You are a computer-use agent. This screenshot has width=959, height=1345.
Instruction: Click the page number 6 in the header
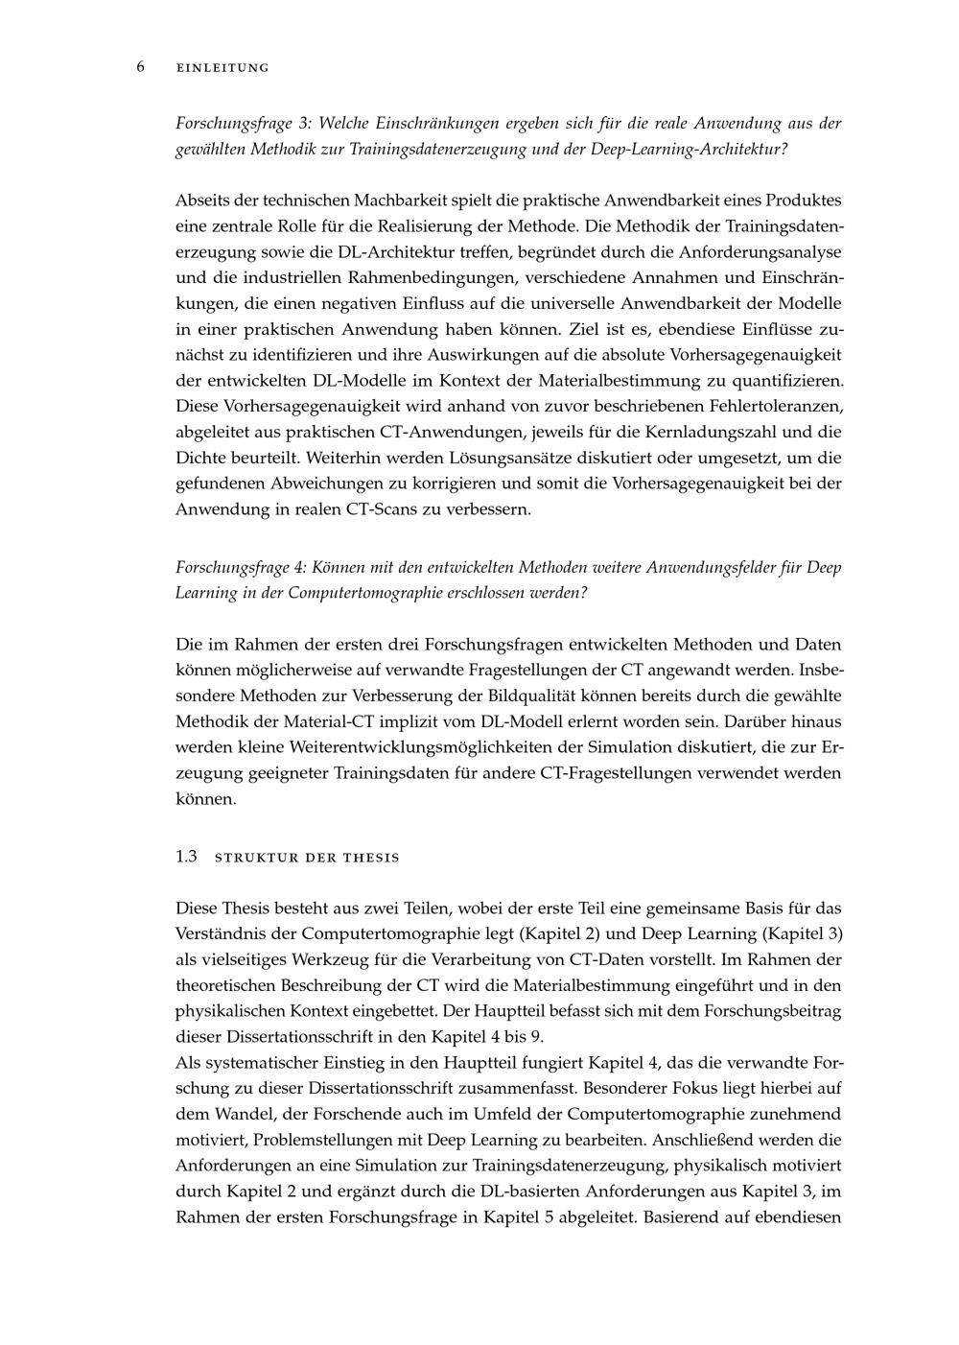140,66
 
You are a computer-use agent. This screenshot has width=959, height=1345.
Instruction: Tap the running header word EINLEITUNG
222,68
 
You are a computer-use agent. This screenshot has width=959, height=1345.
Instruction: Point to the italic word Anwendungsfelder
707,568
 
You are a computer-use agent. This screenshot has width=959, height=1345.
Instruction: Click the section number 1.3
186,857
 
